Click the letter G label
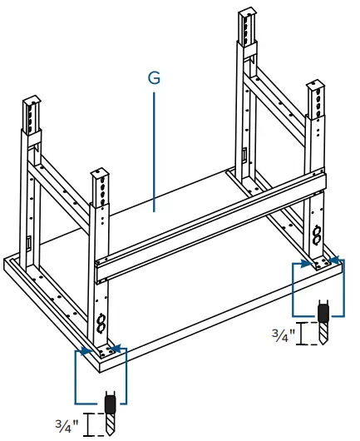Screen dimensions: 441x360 (x=154, y=78)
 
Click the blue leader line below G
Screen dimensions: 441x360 (x=154, y=150)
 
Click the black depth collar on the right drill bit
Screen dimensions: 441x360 (x=325, y=312)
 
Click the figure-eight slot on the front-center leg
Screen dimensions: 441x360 (x=101, y=321)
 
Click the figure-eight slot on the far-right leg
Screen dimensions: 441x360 (x=318, y=236)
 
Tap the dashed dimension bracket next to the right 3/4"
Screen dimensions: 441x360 (x=309, y=334)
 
